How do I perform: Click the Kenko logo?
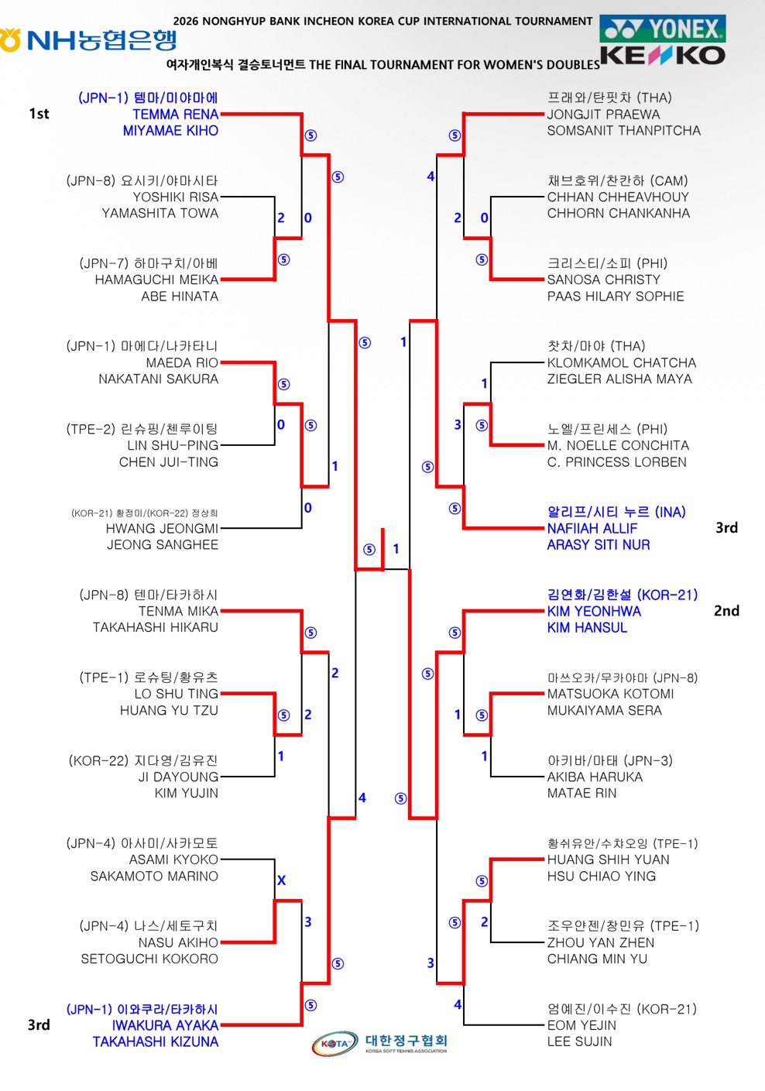click(663, 56)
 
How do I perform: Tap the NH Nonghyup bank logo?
click(88, 40)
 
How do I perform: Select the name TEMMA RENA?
click(175, 115)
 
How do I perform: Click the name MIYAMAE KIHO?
click(170, 131)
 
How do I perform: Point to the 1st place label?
click(39, 114)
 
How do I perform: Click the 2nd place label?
click(726, 611)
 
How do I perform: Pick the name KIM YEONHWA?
click(594, 611)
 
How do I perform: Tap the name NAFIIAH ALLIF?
click(592, 528)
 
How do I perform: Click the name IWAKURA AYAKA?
click(165, 1025)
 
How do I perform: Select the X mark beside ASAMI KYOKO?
click(282, 880)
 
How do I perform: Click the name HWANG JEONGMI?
click(162, 528)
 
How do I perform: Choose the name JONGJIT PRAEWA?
click(603, 115)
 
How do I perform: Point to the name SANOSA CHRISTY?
click(604, 280)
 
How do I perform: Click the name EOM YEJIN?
click(581, 1025)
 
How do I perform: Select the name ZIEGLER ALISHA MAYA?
click(619, 379)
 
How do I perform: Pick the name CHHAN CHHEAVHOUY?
click(618, 197)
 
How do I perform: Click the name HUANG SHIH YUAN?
click(608, 859)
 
